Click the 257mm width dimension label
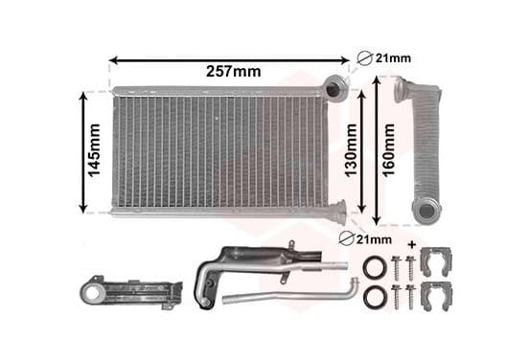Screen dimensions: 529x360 (x=234, y=72)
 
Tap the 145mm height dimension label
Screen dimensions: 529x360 (x=94, y=150)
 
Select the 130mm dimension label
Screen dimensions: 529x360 (x=351, y=150)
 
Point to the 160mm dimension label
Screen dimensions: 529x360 (x=388, y=150)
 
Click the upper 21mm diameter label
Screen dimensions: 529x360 (x=393, y=58)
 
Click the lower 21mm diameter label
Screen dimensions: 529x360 (x=374, y=239)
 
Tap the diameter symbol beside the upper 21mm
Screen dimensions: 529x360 (x=365, y=58)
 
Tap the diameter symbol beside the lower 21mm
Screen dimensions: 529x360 (x=346, y=239)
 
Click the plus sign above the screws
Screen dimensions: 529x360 (x=412, y=244)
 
